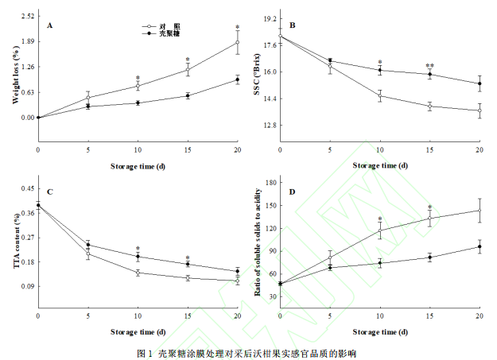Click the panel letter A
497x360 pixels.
click(x=49, y=25)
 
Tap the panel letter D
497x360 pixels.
click(x=292, y=192)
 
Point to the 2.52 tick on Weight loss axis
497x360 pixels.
click(x=27, y=16)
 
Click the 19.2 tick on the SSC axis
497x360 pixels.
click(x=268, y=18)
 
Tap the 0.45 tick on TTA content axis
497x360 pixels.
click(x=27, y=188)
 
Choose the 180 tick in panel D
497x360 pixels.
click(x=269, y=183)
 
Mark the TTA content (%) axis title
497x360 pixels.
click(x=15, y=239)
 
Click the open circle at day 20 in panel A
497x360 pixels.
click(x=238, y=42)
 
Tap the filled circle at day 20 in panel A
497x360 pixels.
click(x=238, y=79)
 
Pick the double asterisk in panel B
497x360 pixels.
click(x=430, y=66)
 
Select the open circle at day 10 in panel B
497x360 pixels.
click(x=380, y=96)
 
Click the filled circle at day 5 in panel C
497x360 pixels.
click(x=87, y=245)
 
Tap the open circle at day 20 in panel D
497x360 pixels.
click(x=480, y=211)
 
